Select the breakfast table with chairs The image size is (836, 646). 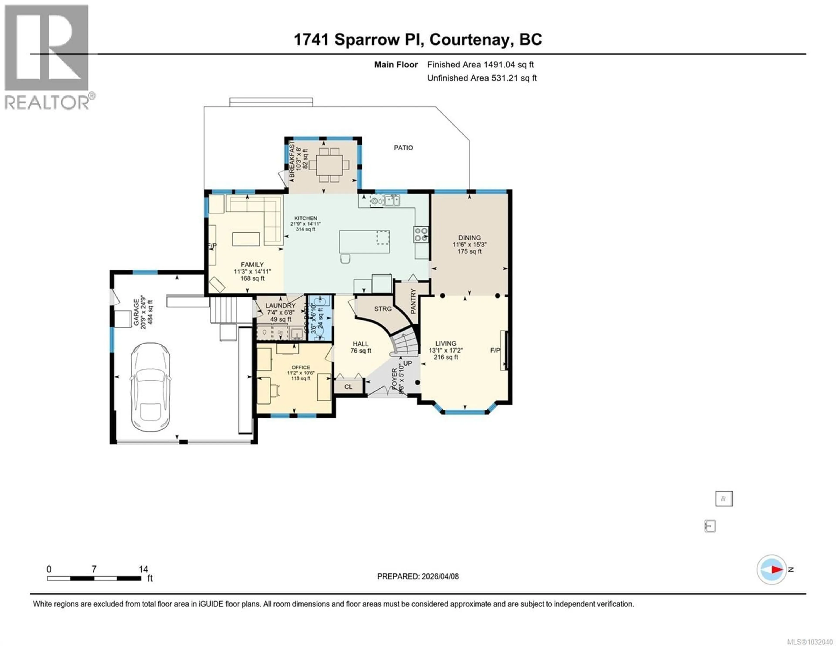(x=329, y=165)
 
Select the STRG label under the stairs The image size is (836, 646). (x=383, y=309)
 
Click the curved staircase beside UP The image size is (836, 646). (x=406, y=343)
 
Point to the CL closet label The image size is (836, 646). (x=348, y=387)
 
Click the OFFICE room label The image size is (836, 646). (x=301, y=367)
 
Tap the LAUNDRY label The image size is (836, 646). (x=281, y=305)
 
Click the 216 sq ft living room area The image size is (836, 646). (x=446, y=357)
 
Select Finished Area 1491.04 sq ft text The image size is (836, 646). (x=480, y=65)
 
